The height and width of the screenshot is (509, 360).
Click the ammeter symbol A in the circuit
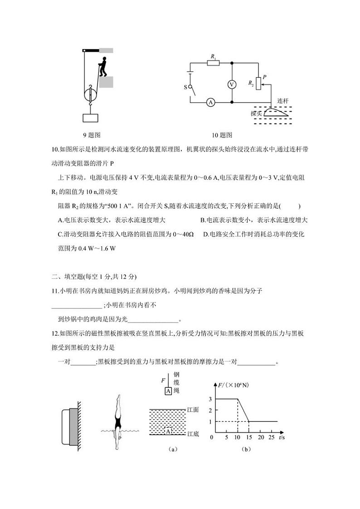(x=210, y=103)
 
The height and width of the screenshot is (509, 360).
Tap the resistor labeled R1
(x=213, y=63)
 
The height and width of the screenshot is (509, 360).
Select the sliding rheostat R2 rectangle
(x=258, y=83)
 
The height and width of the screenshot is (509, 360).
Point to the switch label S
(x=185, y=87)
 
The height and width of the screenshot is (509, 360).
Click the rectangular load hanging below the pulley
(x=90, y=118)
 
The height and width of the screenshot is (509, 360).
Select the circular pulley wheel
(x=90, y=95)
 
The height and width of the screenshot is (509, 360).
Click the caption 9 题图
(x=91, y=135)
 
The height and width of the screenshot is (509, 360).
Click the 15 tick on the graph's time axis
(x=249, y=437)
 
